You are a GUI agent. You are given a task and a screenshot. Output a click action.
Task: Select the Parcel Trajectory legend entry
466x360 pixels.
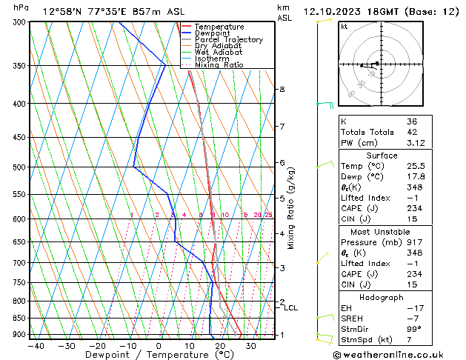click(x=229, y=40)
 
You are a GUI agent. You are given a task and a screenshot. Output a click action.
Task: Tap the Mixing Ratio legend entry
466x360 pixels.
click(x=219, y=65)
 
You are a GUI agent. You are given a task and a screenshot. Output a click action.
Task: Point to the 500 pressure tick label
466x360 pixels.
click(x=19, y=167)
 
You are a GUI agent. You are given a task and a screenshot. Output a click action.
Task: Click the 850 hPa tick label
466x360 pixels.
click(x=19, y=319)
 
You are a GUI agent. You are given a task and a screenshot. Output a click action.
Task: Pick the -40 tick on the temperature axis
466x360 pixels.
click(x=35, y=346)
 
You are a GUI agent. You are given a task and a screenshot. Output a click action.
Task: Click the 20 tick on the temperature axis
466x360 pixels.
click(x=220, y=346)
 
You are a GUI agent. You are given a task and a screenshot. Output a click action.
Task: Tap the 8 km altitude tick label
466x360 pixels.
click(x=282, y=90)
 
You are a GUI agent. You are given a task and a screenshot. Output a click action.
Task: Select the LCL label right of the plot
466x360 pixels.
click(x=291, y=308)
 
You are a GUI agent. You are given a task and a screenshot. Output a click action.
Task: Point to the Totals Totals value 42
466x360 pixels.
click(x=411, y=132)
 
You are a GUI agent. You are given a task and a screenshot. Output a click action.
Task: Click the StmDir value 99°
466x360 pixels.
click(x=414, y=329)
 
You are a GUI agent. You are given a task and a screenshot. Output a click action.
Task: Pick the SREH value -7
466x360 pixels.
click(x=412, y=319)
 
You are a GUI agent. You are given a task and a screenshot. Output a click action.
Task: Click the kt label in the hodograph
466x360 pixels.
click(x=344, y=26)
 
